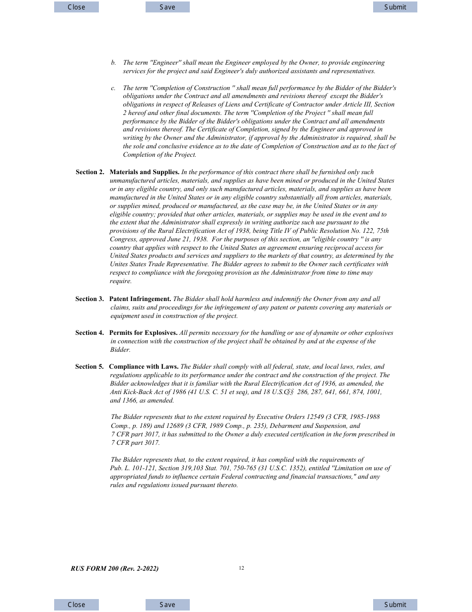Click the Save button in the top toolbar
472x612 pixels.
[x=167, y=7]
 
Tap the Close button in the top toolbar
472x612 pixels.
[x=77, y=7]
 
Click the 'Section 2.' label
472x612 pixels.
[x=90, y=172]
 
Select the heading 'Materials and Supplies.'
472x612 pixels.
[x=144, y=172]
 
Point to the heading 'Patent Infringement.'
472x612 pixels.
[x=140, y=299]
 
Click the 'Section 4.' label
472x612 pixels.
[x=89, y=333]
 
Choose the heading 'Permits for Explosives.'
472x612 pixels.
[x=143, y=333]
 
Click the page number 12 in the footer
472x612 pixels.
[x=241, y=568]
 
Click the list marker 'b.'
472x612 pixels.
[x=113, y=63]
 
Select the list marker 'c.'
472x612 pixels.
[x=113, y=88]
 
